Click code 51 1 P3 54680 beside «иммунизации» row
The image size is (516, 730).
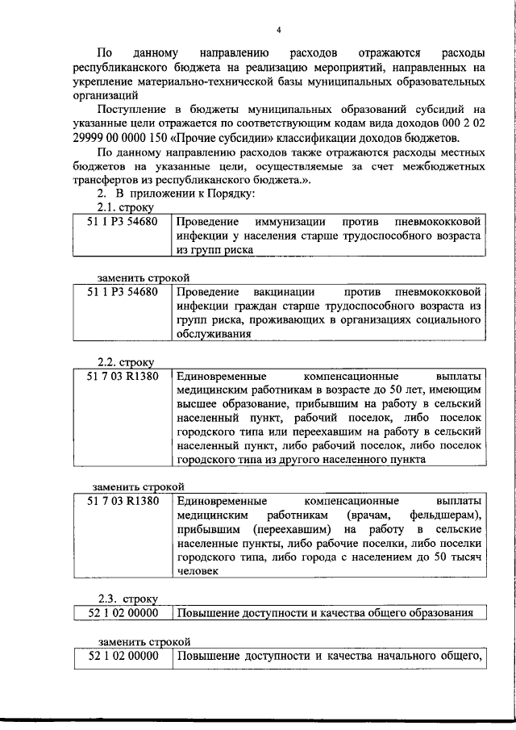click(123, 221)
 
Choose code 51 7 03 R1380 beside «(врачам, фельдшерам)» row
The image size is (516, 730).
click(123, 500)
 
